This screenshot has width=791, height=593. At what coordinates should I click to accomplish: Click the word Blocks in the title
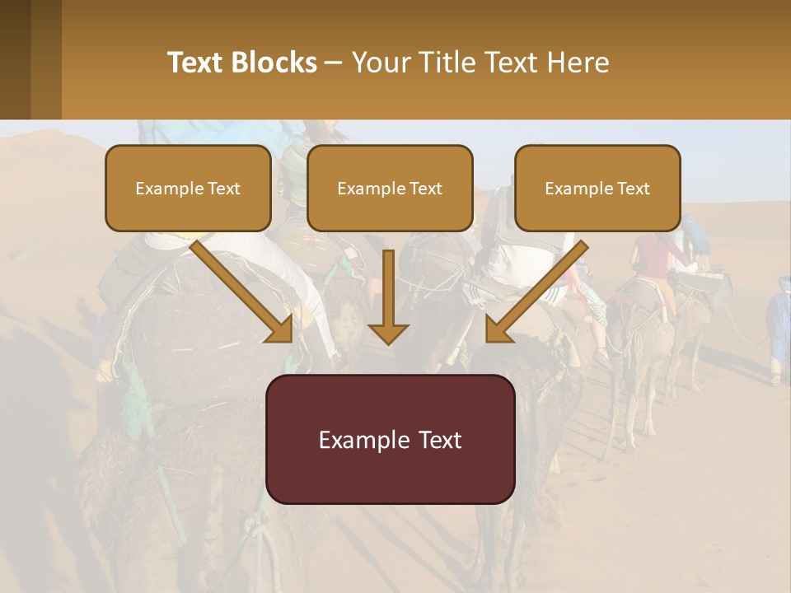tap(274, 63)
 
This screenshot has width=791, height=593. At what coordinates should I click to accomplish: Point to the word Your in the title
tap(379, 63)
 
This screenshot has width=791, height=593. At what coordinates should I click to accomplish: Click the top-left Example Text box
tap(188, 188)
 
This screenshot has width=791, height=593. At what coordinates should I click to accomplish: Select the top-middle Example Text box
tap(390, 188)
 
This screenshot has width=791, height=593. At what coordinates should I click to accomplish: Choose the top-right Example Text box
tap(597, 188)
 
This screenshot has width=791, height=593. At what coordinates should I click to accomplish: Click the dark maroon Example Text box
tap(390, 439)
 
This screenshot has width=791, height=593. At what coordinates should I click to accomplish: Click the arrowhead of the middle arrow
tap(388, 333)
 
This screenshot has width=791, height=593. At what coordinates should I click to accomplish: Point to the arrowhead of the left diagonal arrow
tap(280, 329)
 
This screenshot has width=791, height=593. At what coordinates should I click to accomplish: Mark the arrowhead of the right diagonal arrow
tap(498, 329)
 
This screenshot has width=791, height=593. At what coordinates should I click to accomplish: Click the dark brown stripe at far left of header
tap(15, 59)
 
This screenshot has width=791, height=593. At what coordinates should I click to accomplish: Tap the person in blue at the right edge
tap(779, 325)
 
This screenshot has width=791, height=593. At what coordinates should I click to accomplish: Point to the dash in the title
tap(334, 63)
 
